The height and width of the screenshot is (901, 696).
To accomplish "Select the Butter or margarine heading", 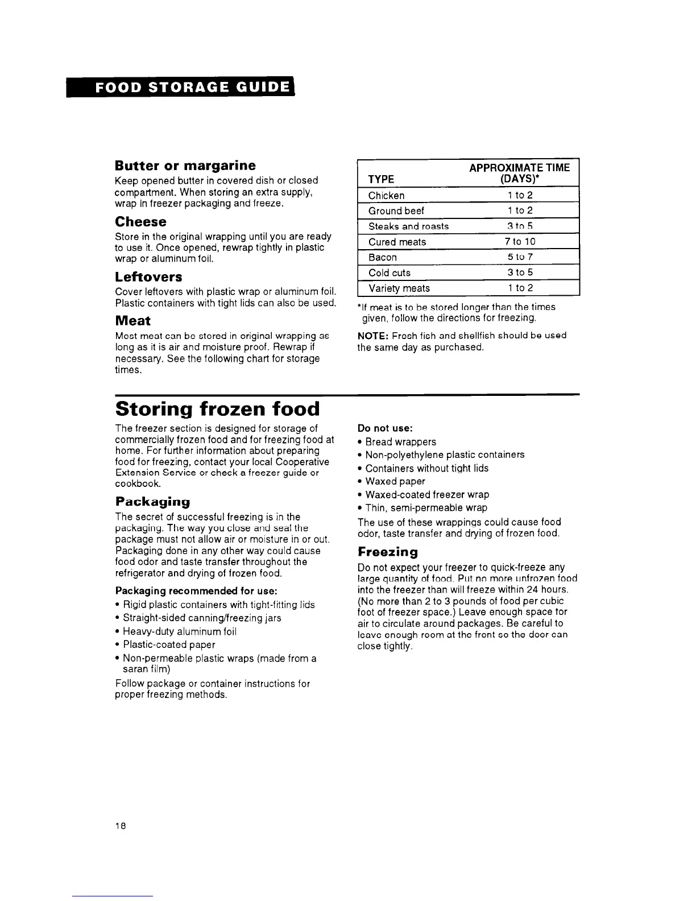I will [185, 166].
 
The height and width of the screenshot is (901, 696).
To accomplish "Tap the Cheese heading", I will [140, 221].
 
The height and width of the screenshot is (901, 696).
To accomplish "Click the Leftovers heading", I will [148, 277].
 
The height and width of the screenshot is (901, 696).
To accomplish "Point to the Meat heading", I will [132, 320].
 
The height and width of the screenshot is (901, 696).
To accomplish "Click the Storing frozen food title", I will [217, 409].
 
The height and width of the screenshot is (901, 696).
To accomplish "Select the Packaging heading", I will [152, 502].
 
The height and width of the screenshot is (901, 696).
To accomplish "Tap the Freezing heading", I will [387, 552].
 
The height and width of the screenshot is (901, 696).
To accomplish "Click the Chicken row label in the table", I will [386, 196].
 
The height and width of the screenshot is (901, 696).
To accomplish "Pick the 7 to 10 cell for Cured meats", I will [520, 242].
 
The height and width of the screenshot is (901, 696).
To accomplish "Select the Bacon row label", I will [382, 257].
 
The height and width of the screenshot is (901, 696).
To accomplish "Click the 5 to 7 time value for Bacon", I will [520, 257].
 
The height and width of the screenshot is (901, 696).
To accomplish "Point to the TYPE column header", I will [381, 179].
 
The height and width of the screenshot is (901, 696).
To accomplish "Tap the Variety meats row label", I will [399, 288].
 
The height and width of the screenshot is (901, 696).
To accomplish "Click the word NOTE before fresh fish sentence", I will [373, 336].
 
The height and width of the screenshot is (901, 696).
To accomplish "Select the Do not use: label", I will [385, 428].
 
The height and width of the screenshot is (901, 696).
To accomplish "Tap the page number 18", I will [120, 825].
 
